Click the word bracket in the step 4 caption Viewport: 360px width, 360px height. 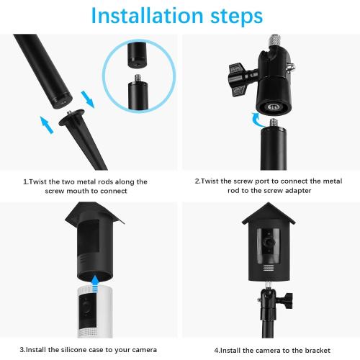pos(310,349)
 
